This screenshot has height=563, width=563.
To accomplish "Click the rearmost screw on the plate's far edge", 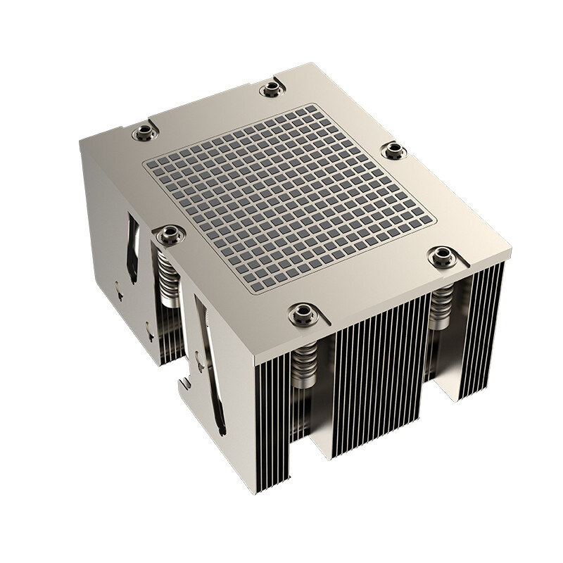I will tap(272, 89).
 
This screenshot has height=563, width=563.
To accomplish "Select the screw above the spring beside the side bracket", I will tap(170, 234).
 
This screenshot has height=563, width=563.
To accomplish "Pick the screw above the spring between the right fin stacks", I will tap(442, 257).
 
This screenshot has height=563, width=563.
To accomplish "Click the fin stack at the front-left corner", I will tap(271, 422).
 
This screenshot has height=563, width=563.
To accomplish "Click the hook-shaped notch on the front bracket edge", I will tap(184, 384).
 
